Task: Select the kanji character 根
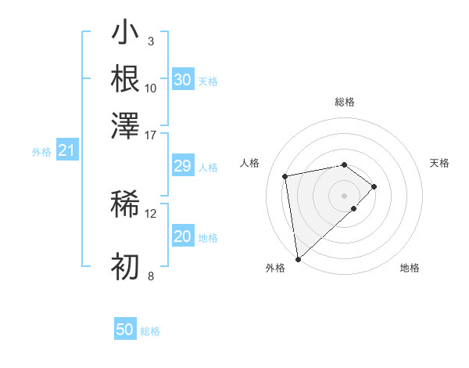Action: pos(125,78)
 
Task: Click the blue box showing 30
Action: pos(182,80)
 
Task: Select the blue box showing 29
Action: pos(182,167)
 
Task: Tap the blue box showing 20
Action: pos(182,237)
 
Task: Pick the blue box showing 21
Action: pos(66,151)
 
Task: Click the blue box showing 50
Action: pos(125,330)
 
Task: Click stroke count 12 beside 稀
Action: pos(151,213)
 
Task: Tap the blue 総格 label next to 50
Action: pos(151,331)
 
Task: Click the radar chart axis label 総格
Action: pos(344,102)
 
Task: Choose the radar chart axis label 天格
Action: pos(439,163)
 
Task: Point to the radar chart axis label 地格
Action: pos(410,268)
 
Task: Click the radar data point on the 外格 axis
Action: pos(298,259)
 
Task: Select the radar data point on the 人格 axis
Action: pos(286,175)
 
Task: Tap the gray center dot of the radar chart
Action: pos(344,194)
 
